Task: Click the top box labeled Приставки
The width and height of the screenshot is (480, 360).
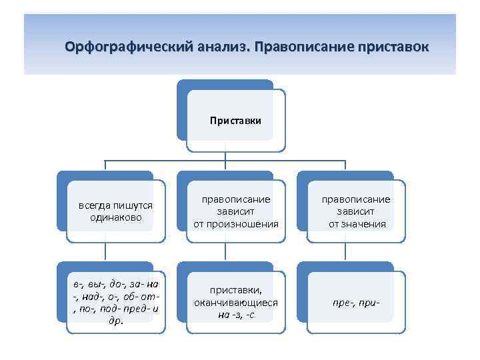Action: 235,121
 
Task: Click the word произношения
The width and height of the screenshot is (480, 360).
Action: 236,224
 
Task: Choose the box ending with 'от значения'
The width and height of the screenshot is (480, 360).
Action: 357,212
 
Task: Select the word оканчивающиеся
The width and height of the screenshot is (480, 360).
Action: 236,303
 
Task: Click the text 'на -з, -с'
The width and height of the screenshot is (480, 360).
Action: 236,315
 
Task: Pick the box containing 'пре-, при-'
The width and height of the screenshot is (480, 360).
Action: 357,302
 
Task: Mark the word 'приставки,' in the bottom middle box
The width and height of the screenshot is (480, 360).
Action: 236,291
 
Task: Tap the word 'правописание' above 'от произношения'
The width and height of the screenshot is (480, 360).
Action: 236,200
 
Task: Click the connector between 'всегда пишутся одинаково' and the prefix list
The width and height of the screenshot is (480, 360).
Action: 105,251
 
